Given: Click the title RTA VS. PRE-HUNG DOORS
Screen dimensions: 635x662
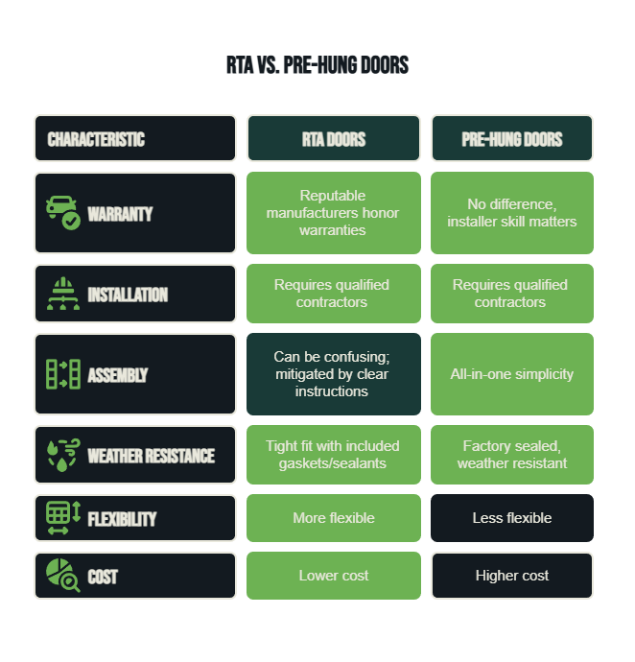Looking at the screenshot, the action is click(x=317, y=65).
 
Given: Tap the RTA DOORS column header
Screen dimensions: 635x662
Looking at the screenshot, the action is click(x=334, y=138).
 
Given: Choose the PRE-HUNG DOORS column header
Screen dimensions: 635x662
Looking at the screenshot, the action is click(x=512, y=138).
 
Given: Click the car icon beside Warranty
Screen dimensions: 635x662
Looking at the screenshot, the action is click(x=63, y=213).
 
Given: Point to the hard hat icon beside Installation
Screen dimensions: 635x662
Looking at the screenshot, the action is click(x=63, y=294).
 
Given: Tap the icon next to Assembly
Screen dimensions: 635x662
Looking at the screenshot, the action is click(x=63, y=374).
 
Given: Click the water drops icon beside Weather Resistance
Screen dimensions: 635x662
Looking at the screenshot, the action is click(x=63, y=455).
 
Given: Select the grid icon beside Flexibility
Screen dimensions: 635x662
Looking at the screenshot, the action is click(x=63, y=518).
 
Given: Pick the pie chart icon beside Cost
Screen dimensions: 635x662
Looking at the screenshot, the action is click(x=63, y=576).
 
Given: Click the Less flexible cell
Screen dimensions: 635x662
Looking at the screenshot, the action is click(x=512, y=518).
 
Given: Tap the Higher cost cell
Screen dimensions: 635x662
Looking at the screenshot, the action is click(x=512, y=576).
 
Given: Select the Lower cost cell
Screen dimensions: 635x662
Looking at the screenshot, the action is click(x=334, y=576).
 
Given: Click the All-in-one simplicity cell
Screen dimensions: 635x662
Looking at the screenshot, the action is click(x=512, y=374).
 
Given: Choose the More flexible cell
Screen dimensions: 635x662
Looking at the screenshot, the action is click(x=334, y=518).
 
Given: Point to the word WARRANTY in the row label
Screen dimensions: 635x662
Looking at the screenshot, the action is click(x=120, y=214).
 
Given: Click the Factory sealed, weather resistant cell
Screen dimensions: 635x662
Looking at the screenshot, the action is click(x=512, y=455).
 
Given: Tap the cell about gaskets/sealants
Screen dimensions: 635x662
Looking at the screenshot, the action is click(x=334, y=455).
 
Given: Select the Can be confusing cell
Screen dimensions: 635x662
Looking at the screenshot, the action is click(x=334, y=374).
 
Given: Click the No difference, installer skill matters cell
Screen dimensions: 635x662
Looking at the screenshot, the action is click(x=512, y=213).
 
